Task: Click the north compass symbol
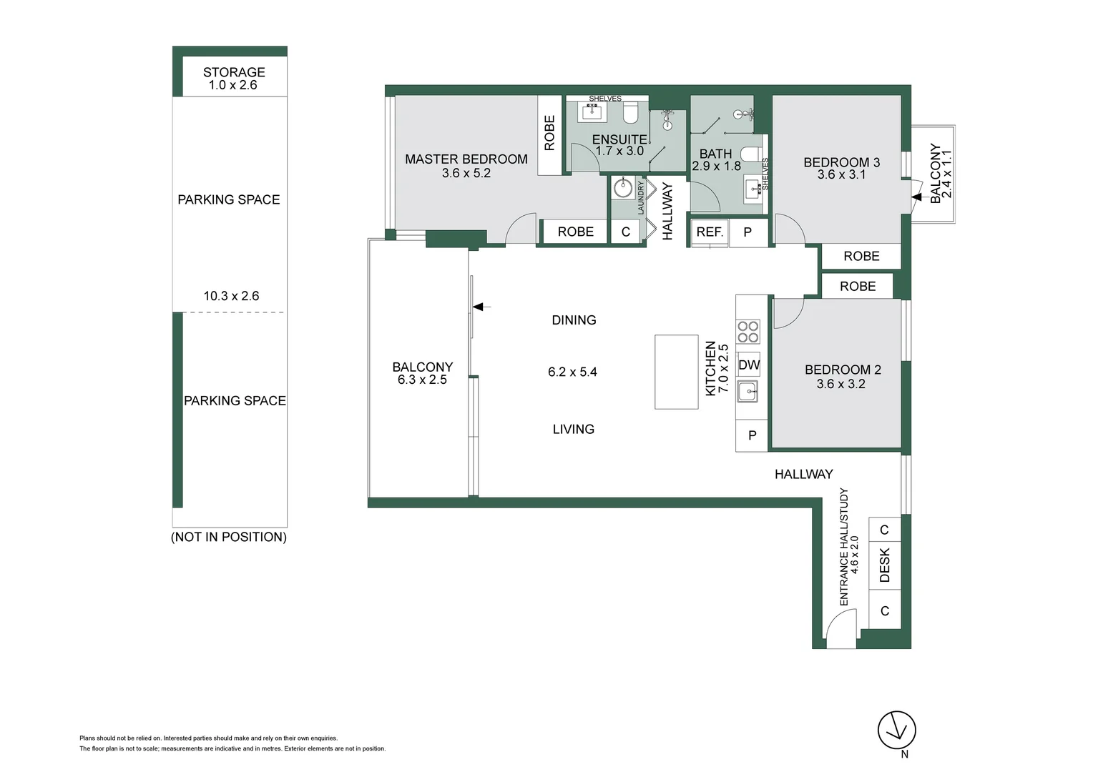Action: click(x=896, y=731)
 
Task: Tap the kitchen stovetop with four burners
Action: click(x=748, y=332)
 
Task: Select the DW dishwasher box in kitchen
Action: click(x=749, y=365)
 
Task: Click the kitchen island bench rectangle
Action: click(x=676, y=372)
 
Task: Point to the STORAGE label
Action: click(x=234, y=72)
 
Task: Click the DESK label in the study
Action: click(x=885, y=565)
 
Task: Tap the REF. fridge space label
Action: click(x=710, y=232)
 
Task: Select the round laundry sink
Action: click(x=623, y=189)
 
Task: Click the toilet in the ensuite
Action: click(x=630, y=113)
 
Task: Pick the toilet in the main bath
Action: click(x=750, y=154)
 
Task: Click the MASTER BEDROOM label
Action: click(x=466, y=159)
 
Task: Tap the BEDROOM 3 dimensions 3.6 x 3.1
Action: click(x=841, y=174)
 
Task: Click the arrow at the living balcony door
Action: click(x=480, y=307)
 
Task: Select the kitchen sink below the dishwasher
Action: click(x=748, y=391)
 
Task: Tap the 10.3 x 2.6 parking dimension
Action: click(x=231, y=296)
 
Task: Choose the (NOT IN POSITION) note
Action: click(x=229, y=537)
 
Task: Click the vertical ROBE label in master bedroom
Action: click(x=549, y=133)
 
